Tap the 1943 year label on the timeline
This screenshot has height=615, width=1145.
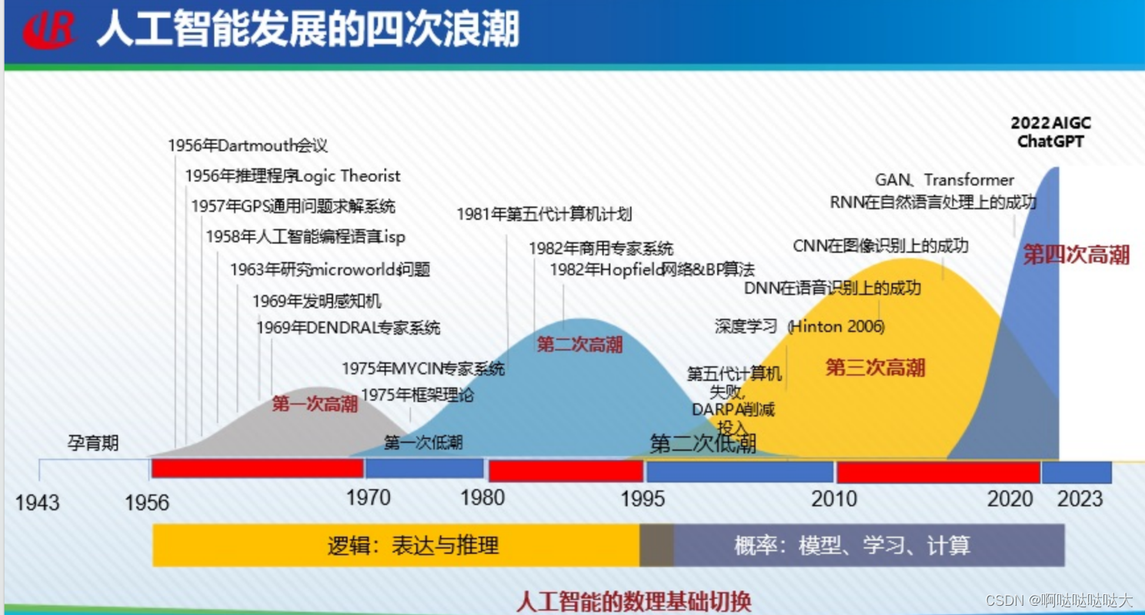coord(37,503)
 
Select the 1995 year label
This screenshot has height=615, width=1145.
coord(643,498)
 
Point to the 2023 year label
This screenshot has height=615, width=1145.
coord(1080,498)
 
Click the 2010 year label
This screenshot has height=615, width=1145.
coord(834,499)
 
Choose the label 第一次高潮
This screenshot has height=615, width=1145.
coord(315,404)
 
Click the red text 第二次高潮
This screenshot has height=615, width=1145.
coord(579,344)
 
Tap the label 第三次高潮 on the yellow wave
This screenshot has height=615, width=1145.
coord(875,367)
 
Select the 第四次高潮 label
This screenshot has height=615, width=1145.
coord(1076,255)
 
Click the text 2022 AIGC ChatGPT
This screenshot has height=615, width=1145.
coord(1050,132)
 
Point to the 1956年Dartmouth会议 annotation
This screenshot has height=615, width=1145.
coord(248,145)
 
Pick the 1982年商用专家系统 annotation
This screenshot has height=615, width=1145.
coord(600,249)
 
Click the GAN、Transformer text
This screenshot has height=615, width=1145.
coord(944,180)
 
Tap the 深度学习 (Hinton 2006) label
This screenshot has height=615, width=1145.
coord(799,326)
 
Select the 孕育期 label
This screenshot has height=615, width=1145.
coord(92,443)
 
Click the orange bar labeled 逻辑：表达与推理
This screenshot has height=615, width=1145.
coord(396,546)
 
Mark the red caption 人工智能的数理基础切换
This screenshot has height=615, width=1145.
coord(633,600)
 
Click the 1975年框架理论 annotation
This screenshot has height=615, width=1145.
coord(417,396)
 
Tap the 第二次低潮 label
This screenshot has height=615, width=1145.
coord(703,443)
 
